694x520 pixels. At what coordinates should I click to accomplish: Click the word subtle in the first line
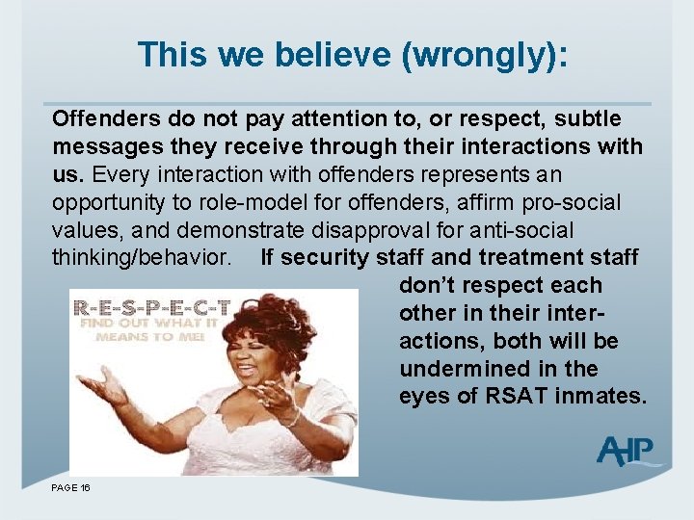[588, 118]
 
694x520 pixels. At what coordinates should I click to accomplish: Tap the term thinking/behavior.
[142, 258]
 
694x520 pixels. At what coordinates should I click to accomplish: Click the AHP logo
[627, 451]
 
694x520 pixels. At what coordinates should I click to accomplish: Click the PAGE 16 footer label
[71, 488]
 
